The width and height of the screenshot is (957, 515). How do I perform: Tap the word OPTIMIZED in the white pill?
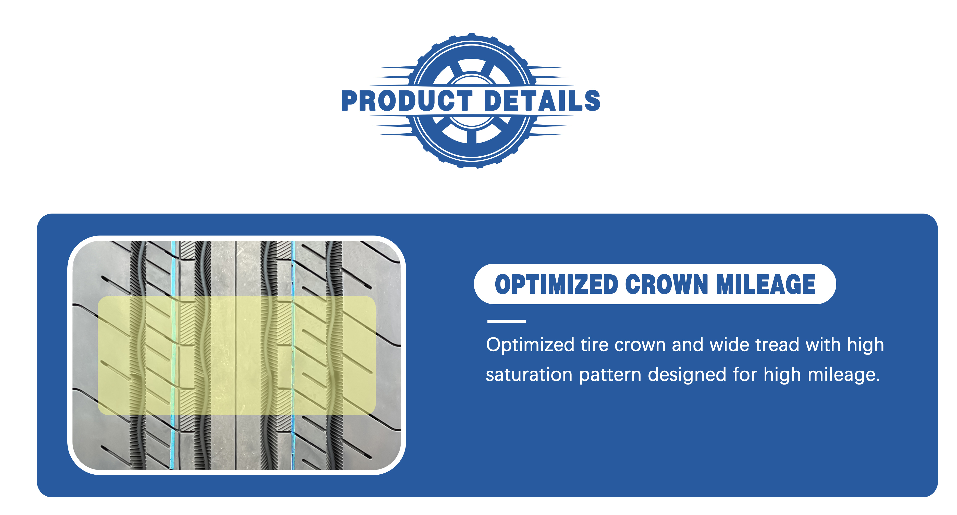556,285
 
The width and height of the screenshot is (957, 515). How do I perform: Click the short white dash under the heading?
506,321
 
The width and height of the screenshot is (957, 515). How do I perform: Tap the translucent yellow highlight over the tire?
237,356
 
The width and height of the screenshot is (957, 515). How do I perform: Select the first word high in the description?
866,345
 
